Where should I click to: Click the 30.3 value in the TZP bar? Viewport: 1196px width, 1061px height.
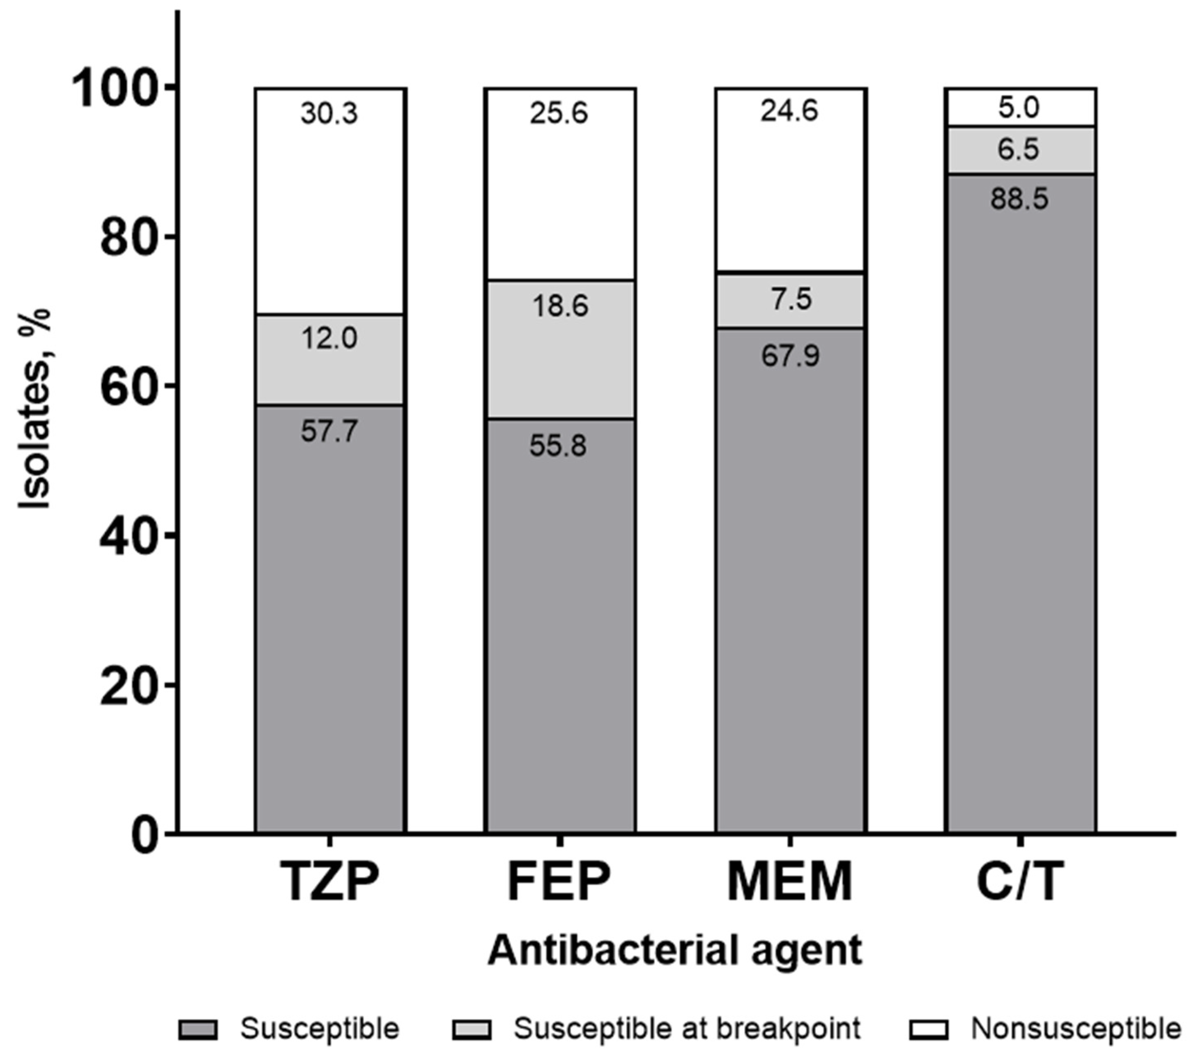point(329,113)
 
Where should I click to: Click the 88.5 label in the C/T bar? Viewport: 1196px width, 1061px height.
point(1019,200)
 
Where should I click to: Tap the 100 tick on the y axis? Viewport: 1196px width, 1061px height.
point(120,89)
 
